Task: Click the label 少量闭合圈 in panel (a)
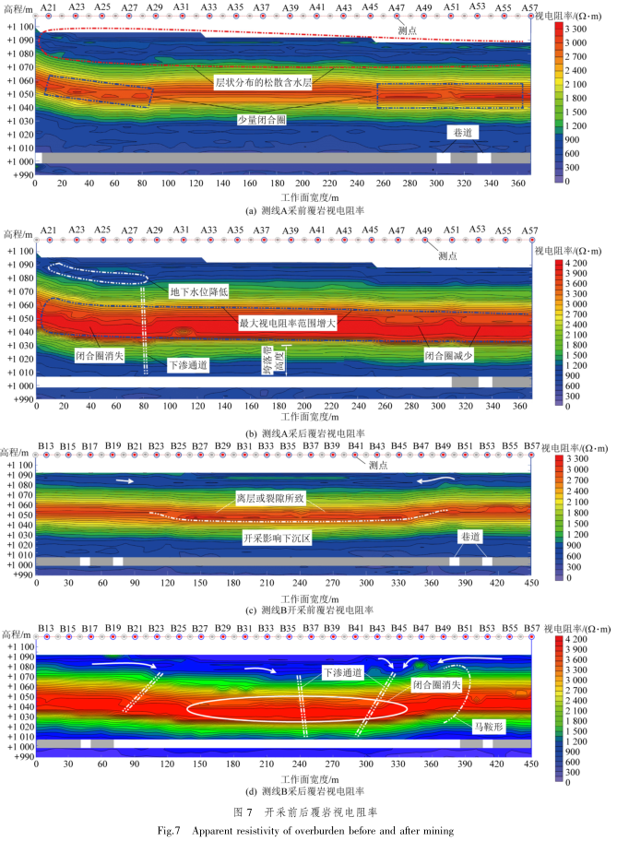pyautogui.click(x=262, y=119)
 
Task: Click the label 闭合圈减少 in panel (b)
pyautogui.click(x=450, y=353)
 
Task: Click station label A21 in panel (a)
pyautogui.click(x=49, y=6)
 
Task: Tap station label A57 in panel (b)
pyautogui.click(x=529, y=229)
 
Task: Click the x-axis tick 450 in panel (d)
pyautogui.click(x=530, y=763)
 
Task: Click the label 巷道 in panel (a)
pyautogui.click(x=463, y=135)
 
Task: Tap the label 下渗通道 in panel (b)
pyautogui.click(x=188, y=365)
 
